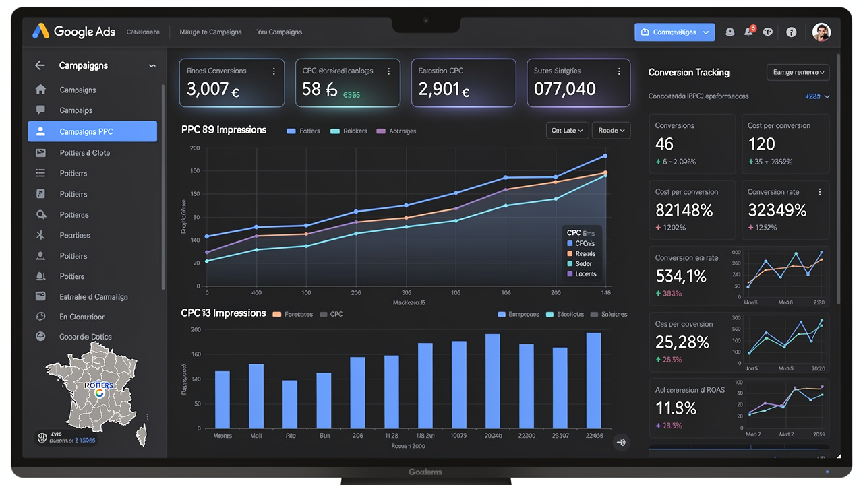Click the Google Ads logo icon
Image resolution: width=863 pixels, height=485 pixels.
pyautogui.click(x=41, y=31)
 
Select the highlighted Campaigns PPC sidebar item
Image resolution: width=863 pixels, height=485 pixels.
pyautogui.click(x=92, y=131)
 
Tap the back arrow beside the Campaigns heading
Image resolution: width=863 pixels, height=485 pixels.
pyautogui.click(x=40, y=65)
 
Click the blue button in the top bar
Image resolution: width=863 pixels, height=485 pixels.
pyautogui.click(x=674, y=32)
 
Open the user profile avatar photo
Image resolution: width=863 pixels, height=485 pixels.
pyautogui.click(x=821, y=32)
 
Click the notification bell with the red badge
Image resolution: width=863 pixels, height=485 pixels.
pyautogui.click(x=749, y=32)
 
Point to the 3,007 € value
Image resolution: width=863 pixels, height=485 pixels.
pyautogui.click(x=213, y=89)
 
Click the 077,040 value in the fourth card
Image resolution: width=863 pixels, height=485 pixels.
pyautogui.click(x=565, y=89)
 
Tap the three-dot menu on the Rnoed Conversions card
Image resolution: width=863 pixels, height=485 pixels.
pyautogui.click(x=274, y=71)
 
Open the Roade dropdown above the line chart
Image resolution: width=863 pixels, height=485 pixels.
pyautogui.click(x=611, y=130)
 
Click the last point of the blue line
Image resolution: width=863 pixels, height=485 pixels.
pyautogui.click(x=605, y=156)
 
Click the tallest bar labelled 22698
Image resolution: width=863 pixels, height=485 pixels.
pyautogui.click(x=593, y=381)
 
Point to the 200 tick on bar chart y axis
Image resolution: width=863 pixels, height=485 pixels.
pyautogui.click(x=196, y=329)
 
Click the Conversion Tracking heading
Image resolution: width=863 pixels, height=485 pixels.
pyautogui.click(x=688, y=72)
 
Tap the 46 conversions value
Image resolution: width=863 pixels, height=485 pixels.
pyautogui.click(x=664, y=143)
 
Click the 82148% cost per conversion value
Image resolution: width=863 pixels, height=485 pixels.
pyautogui.click(x=684, y=210)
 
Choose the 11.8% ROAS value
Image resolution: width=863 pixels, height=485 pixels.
pyautogui.click(x=676, y=408)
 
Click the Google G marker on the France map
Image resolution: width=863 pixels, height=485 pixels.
pyautogui.click(x=100, y=393)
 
